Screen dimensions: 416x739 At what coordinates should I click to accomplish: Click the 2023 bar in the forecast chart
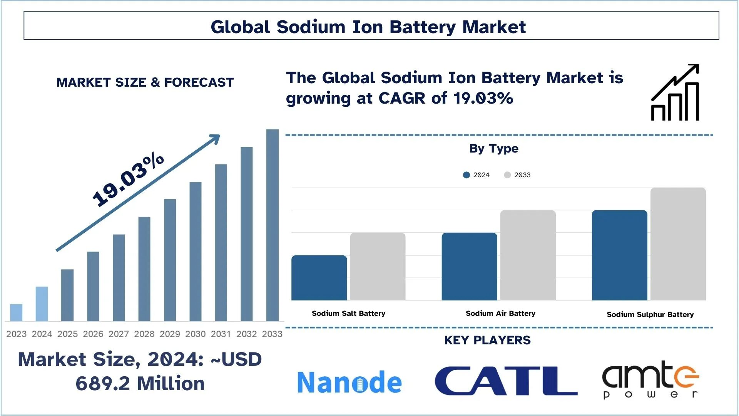(16, 312)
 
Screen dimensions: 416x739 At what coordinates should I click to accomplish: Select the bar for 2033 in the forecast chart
(272, 225)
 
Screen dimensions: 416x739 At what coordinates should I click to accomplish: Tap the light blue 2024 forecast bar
(42, 304)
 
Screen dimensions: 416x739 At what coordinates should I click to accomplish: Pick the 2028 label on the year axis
(144, 334)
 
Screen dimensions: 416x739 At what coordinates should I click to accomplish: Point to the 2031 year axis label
(221, 334)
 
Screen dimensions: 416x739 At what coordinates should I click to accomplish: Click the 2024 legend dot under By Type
(466, 175)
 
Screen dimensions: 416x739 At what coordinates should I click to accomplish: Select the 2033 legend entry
(518, 175)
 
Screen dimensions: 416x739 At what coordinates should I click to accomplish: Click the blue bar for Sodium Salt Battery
(319, 278)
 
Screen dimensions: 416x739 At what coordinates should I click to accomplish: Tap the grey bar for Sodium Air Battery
(528, 255)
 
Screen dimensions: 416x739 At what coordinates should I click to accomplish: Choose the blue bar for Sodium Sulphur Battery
(619, 255)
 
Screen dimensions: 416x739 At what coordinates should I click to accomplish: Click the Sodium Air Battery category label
(500, 313)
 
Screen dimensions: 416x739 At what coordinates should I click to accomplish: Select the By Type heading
(493, 148)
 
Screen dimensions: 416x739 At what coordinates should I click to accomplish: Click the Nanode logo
(349, 382)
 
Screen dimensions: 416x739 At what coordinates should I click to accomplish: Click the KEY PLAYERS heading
(487, 340)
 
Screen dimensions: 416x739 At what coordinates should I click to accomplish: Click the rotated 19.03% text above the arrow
(128, 179)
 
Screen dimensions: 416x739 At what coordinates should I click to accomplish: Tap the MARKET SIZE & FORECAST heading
(145, 82)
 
